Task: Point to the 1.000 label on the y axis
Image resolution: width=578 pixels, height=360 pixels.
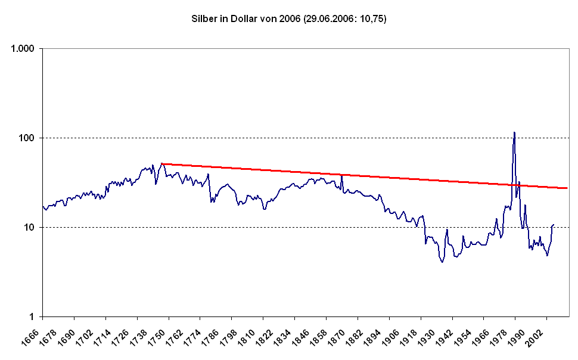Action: (x=23, y=49)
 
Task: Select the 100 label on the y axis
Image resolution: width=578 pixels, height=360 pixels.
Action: (x=27, y=138)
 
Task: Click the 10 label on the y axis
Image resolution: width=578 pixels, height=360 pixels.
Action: (x=29, y=227)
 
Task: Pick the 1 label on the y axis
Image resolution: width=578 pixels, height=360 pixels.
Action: (x=32, y=317)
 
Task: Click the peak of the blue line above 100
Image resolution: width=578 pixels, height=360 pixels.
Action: (x=514, y=132)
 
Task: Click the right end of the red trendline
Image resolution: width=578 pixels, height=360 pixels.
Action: (x=567, y=188)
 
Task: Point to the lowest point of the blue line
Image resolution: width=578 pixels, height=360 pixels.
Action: (x=442, y=262)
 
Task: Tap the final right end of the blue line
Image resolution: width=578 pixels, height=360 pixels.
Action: (x=554, y=224)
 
